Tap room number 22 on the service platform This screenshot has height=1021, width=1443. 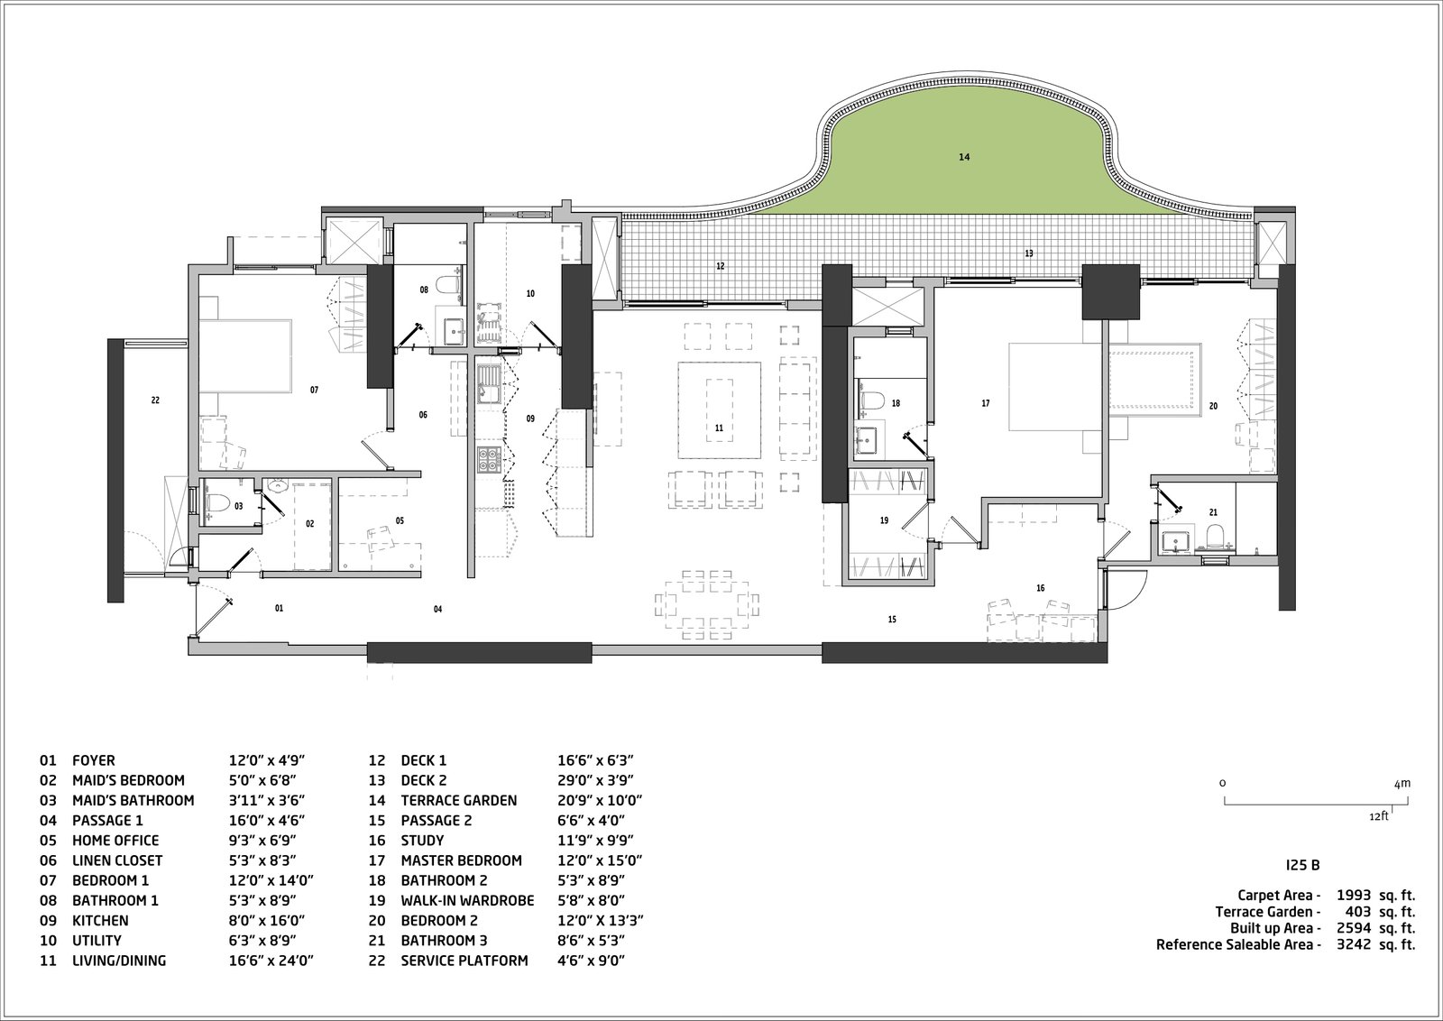coord(155,400)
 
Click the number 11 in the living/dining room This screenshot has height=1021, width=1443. coord(719,428)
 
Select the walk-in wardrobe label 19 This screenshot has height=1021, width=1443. coord(884,520)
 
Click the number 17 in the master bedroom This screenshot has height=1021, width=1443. coord(986,404)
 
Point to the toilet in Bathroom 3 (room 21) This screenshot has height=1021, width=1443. coord(1216,539)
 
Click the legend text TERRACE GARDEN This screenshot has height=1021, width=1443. coord(459,800)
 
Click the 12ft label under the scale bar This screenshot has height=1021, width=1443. coord(1378,816)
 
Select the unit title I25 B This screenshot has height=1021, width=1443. coord(1302,865)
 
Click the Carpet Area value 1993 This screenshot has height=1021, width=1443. coord(1353,896)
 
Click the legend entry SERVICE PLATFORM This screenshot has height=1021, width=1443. coord(464,961)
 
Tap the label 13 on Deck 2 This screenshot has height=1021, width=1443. coord(1029,254)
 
